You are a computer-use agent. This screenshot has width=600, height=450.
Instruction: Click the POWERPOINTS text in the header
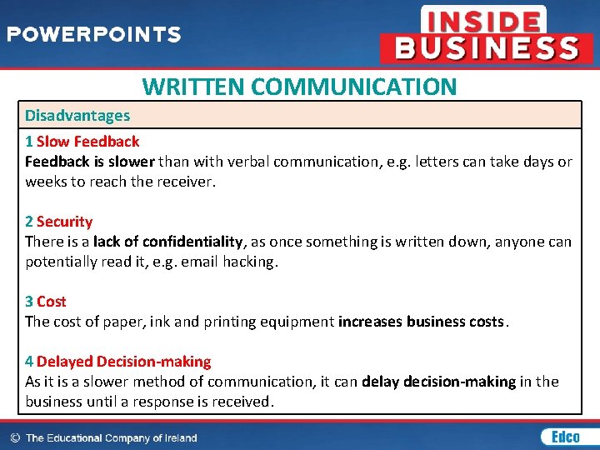click(x=94, y=35)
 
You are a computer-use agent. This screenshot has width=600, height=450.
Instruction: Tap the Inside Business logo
click(x=487, y=35)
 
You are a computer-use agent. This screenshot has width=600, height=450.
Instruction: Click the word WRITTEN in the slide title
click(x=193, y=87)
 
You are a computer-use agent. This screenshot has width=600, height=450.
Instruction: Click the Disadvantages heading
click(x=77, y=115)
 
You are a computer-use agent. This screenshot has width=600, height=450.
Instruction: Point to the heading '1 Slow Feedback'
click(x=82, y=142)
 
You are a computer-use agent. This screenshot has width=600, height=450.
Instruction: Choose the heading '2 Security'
click(x=58, y=222)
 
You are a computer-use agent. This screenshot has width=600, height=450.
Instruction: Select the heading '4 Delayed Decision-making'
click(x=117, y=362)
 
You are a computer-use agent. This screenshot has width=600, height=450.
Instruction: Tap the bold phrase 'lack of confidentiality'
click(x=169, y=242)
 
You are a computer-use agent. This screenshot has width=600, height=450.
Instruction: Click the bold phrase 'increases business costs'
click(x=421, y=322)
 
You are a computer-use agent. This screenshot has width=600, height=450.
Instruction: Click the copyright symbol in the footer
click(x=14, y=437)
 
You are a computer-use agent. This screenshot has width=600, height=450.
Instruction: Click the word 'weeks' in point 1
click(x=45, y=182)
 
